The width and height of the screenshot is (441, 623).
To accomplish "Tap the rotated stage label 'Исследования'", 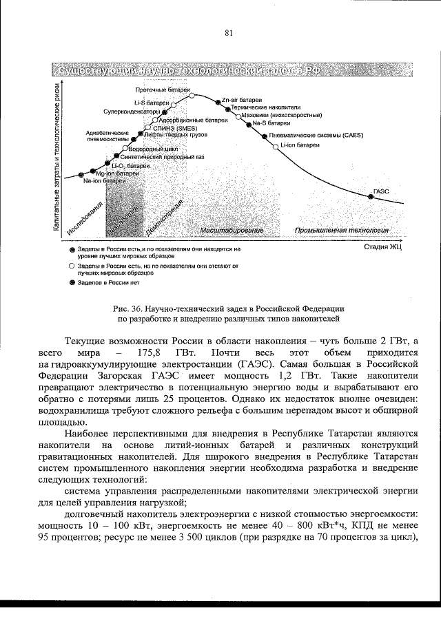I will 85,219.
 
